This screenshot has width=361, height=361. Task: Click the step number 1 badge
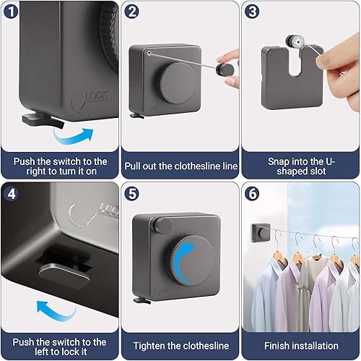tap(11, 11)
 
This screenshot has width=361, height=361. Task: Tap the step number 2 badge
tap(131, 11)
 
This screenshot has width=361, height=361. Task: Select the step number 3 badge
tap(252, 11)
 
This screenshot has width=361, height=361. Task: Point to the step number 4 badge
tap(11, 193)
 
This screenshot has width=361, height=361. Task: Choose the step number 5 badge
tap(131, 193)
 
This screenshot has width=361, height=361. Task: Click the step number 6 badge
tap(252, 193)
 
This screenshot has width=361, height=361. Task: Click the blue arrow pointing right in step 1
tap(72, 137)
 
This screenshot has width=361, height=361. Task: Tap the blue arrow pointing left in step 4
tap(55, 312)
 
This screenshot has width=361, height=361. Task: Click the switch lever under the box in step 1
tap(43, 121)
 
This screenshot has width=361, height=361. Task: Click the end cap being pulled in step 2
tap(225, 69)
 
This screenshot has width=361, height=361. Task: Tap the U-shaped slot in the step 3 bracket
tap(294, 63)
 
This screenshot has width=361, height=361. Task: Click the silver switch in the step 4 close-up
tap(64, 274)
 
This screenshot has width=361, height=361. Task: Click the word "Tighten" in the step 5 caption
tap(149, 346)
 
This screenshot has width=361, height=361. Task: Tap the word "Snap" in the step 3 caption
tap(279, 161)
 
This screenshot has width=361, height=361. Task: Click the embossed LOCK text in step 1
tap(97, 95)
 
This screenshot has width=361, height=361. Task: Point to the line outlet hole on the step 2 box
tap(149, 53)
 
